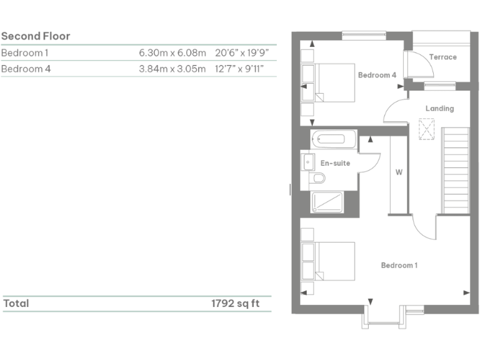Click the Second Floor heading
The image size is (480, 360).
coord(36,36)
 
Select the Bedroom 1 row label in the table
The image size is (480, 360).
coord(26,53)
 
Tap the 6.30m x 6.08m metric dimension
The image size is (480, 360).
coord(172,53)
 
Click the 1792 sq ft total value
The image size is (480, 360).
coord(235,304)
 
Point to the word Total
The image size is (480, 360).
coord(16,304)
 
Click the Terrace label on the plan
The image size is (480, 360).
coord(442,57)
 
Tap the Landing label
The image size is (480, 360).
coord(439,108)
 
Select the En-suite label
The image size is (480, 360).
coord(335,163)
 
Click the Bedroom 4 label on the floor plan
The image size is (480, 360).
coord(377,75)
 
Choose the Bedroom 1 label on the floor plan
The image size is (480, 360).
coord(399,265)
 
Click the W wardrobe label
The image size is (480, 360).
coord(398,171)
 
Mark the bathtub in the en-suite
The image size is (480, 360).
coord(334,139)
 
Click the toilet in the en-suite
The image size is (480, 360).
coord(317,179)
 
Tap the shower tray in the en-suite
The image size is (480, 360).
coord(327,202)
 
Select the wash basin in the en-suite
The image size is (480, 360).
coord(307,162)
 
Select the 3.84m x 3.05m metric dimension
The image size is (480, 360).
coord(172,69)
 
